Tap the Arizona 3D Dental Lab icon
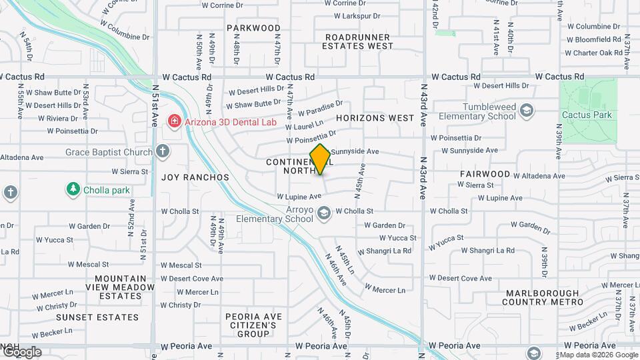click(x=174, y=121)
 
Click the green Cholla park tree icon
click(x=73, y=189)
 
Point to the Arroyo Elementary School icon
click(x=324, y=213)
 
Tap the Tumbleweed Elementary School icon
click(x=527, y=110)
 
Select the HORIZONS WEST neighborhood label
click(x=375, y=118)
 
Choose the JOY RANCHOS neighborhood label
click(x=195, y=177)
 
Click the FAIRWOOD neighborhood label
click(x=485, y=174)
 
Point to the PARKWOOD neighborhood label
click(x=253, y=28)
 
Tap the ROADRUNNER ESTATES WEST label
click(x=357, y=41)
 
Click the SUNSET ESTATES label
click(x=97, y=317)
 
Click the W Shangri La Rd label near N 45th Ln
click(x=384, y=251)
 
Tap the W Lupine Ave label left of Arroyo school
click(x=299, y=197)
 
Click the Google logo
click(x=22, y=352)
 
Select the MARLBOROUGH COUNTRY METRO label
click(x=544, y=298)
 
